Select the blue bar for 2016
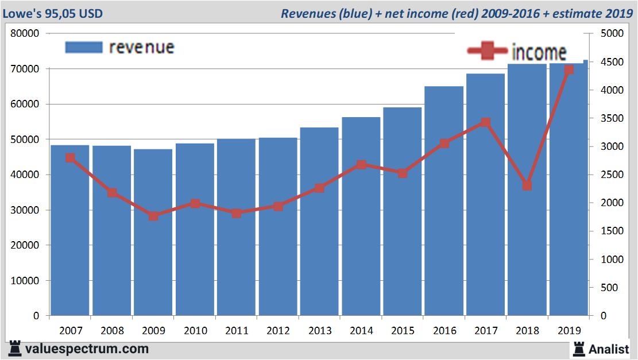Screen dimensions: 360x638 coord(444,201)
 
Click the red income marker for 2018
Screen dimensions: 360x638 coord(527,185)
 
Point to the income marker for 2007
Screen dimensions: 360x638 coord(70,158)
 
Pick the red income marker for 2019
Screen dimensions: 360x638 coord(569,70)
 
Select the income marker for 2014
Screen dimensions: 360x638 coord(361,165)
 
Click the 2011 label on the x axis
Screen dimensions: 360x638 coord(237,331)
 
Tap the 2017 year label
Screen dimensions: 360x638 coord(485,331)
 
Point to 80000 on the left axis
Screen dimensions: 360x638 coord(26,33)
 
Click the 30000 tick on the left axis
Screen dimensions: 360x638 coord(26,210)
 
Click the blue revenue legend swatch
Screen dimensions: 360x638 coord(83,47)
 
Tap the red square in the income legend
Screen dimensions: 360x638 coord(488,52)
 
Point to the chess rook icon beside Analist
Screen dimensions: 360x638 coord(578,349)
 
